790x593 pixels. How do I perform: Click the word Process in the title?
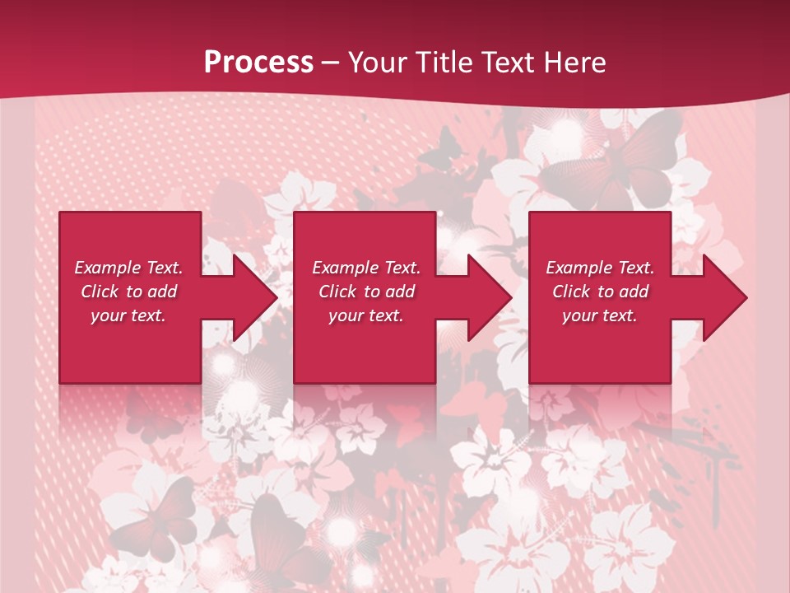coord(258,63)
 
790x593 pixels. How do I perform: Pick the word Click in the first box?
coord(100,292)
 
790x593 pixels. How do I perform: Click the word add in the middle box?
coord(400,292)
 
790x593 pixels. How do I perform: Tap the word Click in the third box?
coord(572,292)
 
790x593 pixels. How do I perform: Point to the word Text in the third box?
coord(634,268)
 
